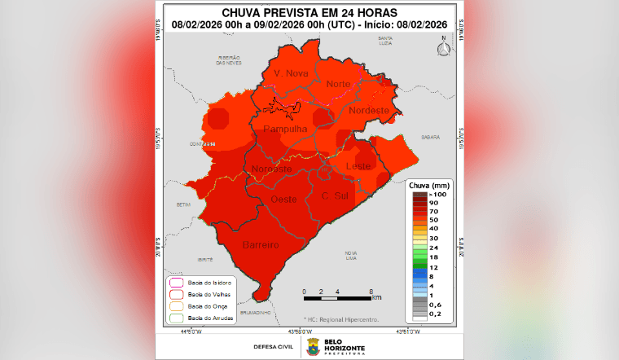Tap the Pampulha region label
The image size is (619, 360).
point(284,130)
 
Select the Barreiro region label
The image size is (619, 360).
point(261,244)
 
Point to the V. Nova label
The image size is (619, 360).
point(291,73)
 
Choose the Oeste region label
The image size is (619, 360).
point(283,200)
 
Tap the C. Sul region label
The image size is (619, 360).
point(336,196)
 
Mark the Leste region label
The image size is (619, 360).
point(358,166)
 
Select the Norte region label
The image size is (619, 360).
point(338,84)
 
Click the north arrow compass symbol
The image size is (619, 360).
point(444,49)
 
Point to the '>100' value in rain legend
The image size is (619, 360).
point(438,195)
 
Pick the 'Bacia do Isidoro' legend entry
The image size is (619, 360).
point(204,282)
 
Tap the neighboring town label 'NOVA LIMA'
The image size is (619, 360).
point(351,255)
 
